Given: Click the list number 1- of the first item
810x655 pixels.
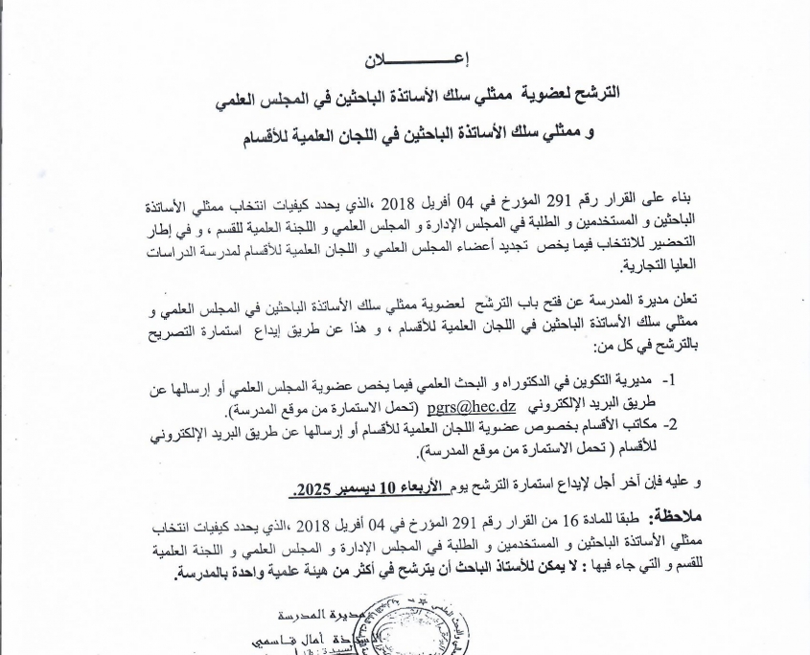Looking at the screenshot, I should pyautogui.click(x=672, y=380).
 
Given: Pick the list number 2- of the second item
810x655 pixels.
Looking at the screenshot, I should pyautogui.click(x=672, y=422).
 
